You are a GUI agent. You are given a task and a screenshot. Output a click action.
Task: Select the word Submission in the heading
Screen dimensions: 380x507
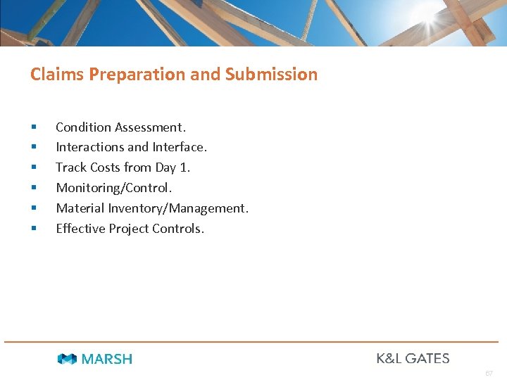coord(271,75)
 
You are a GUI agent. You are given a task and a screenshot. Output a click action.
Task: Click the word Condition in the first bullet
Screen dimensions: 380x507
coord(83,127)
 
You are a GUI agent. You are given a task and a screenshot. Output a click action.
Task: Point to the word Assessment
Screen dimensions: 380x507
coord(150,127)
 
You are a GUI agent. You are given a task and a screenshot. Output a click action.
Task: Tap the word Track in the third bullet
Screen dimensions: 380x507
coord(70,167)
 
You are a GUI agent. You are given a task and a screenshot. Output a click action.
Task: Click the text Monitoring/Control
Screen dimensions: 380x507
coord(114,188)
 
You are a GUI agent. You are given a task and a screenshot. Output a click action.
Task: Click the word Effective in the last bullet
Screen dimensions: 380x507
coord(80,229)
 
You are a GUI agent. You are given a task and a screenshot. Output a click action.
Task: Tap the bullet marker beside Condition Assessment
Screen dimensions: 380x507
coord(32,128)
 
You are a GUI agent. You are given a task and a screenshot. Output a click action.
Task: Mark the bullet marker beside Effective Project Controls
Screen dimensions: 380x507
coord(32,229)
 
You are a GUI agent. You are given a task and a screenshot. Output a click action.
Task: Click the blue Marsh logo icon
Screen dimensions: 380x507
coord(68,359)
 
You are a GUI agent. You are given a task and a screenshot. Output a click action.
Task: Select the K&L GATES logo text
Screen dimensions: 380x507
coord(413,358)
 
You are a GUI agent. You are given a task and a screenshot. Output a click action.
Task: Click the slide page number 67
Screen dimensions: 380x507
coord(489,372)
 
